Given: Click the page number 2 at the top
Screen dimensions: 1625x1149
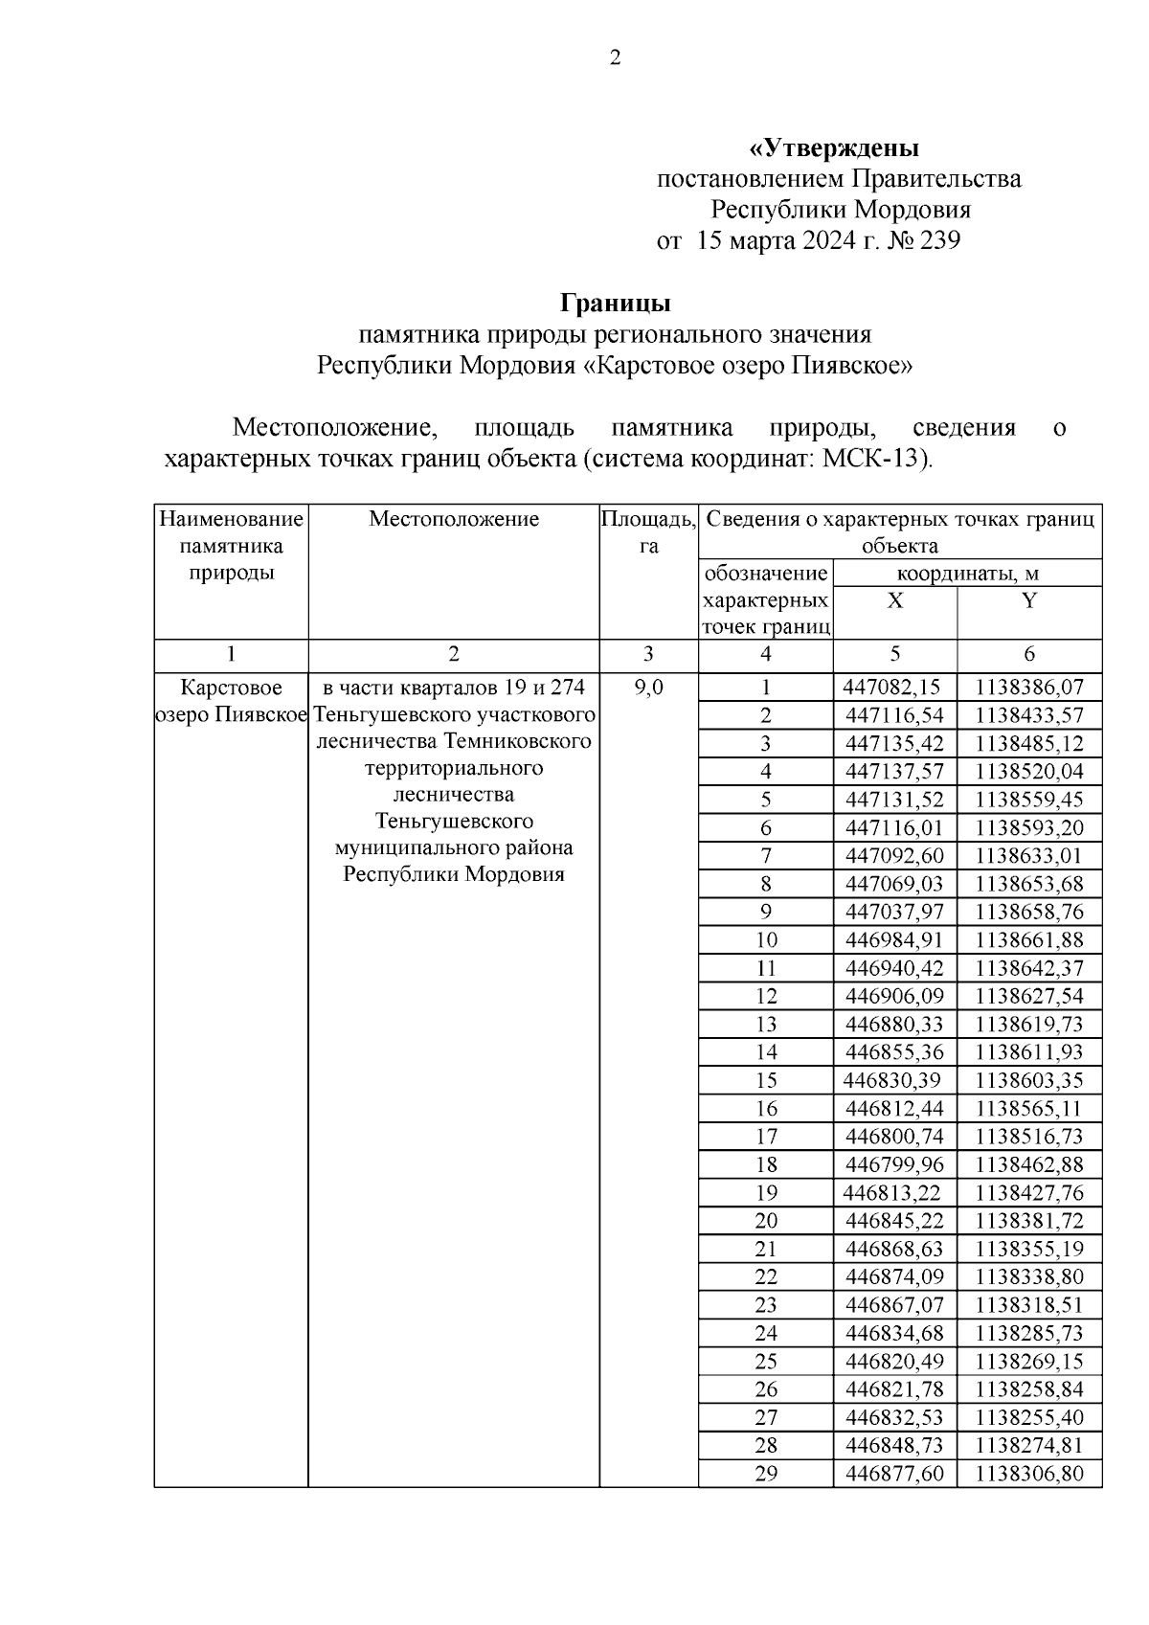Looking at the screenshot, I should click(615, 58).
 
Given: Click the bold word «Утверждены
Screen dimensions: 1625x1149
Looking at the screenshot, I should click(833, 148).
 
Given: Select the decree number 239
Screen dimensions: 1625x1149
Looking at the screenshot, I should click(939, 240).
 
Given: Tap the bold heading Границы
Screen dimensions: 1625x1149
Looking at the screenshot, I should click(616, 304).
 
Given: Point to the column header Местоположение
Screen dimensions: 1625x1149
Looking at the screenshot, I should click(454, 519).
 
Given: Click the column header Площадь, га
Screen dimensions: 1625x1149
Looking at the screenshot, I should click(648, 532).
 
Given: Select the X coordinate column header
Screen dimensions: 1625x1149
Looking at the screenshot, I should click(894, 601).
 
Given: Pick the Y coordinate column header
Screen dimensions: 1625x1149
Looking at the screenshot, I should click(1029, 601).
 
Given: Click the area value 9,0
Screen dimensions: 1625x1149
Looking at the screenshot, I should click(648, 688).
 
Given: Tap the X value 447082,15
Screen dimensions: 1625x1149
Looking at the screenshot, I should click(892, 688).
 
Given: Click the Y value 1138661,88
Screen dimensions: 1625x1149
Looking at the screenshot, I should click(1029, 939).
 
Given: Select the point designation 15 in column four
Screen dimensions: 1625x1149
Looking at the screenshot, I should click(766, 1080).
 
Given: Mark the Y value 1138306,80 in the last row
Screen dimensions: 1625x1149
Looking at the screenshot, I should click(1029, 1474).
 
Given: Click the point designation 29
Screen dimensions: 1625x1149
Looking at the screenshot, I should click(766, 1474).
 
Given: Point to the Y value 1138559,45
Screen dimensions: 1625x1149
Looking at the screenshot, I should click(1029, 800).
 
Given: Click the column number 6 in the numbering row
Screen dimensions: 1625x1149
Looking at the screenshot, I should click(1029, 654).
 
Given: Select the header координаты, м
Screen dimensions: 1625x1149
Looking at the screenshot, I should click(967, 575).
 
